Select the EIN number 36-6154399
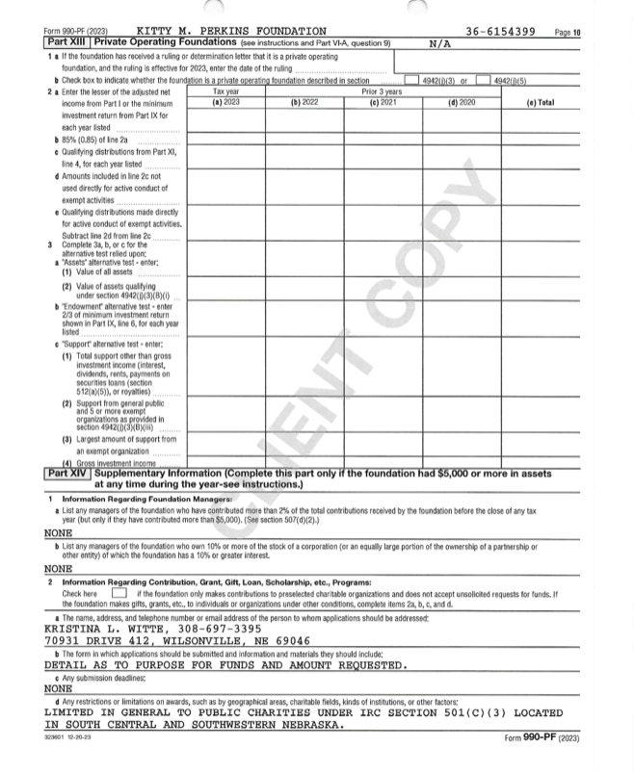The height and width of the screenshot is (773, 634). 501,32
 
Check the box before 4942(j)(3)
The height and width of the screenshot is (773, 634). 412,81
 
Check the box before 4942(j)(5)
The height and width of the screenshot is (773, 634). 483,81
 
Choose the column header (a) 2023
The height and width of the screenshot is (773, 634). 225,101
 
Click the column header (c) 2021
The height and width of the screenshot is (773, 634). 383,101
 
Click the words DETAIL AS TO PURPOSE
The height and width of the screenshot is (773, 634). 125,664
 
